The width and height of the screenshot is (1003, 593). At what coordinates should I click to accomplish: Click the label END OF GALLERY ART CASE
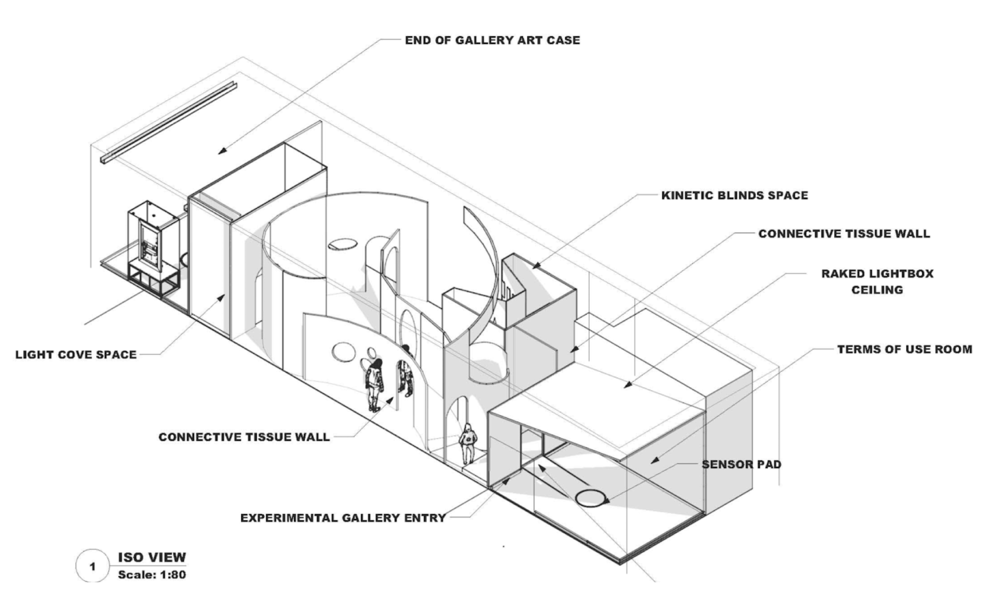pos(492,40)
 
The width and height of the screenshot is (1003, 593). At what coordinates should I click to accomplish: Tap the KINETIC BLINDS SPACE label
pos(734,196)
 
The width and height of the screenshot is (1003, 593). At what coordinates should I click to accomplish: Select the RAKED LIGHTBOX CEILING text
pos(877,282)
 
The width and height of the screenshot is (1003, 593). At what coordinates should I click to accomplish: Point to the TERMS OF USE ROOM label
pos(905,349)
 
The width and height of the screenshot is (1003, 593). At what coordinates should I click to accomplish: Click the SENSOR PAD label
pos(741,464)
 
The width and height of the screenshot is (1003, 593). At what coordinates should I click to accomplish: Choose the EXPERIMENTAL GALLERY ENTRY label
pos(343,518)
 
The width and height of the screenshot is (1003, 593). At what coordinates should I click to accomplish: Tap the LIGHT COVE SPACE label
pos(76,355)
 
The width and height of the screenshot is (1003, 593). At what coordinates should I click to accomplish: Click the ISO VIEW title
pos(152,557)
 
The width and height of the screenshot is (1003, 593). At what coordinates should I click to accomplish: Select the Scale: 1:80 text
pos(152,575)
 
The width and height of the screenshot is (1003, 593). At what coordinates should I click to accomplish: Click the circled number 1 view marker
pos(92,567)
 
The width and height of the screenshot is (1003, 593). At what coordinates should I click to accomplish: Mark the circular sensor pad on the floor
pos(591,497)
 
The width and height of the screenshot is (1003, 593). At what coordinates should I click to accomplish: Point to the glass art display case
pos(153,243)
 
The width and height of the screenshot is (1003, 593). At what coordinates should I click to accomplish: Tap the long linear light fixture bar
pos(169,123)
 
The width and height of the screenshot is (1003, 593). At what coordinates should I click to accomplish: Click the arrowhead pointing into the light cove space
pos(222,297)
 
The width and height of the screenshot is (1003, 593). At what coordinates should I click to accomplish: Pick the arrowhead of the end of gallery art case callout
pos(222,151)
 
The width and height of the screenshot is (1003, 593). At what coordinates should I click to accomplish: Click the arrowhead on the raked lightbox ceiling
pos(628,385)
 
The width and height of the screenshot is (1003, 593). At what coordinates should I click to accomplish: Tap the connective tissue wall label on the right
pos(844,234)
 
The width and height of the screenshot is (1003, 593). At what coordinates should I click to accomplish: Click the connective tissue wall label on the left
pos(244,437)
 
